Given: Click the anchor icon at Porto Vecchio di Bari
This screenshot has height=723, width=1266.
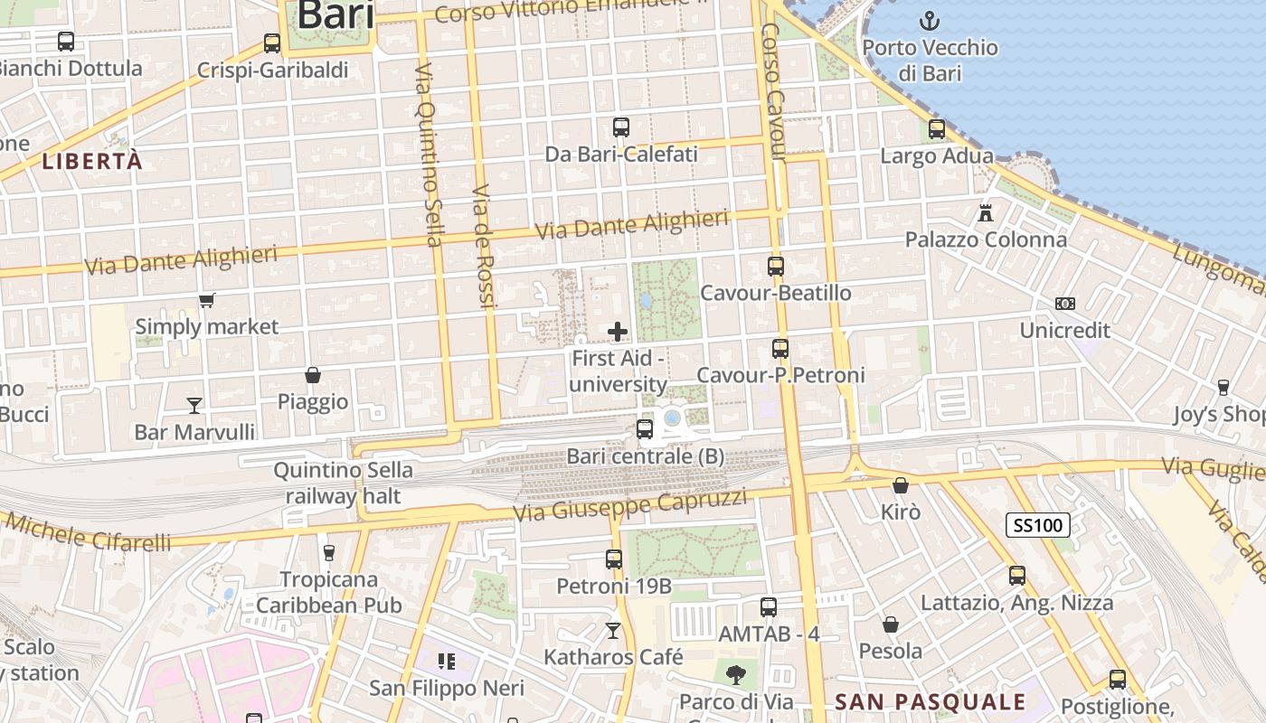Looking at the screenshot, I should (929, 20).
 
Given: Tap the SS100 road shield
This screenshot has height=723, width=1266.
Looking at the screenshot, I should (1038, 525).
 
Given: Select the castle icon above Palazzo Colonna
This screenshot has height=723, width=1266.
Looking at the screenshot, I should (986, 213).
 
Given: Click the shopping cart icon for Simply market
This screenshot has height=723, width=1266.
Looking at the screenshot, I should (207, 300).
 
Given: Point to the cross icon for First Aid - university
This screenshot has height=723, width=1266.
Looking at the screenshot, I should (618, 332).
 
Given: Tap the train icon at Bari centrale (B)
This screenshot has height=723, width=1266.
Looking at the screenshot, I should (645, 429).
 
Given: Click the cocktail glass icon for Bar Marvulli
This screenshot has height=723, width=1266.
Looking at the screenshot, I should (194, 405).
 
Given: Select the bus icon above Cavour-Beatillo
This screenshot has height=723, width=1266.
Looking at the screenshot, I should (776, 267).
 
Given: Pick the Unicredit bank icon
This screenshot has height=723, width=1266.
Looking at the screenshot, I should (1065, 304).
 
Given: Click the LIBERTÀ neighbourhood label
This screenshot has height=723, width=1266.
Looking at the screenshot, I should (92, 162).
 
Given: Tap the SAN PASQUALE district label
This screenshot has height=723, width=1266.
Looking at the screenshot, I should (931, 702).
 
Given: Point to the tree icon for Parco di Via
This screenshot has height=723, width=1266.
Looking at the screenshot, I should (736, 673).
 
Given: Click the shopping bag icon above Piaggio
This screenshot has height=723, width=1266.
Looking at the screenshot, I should (313, 375).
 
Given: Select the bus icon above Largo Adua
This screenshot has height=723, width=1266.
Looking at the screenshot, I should (937, 129).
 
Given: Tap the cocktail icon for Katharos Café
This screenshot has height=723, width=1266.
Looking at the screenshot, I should (614, 630).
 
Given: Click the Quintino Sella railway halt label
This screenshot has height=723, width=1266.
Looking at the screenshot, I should (344, 483).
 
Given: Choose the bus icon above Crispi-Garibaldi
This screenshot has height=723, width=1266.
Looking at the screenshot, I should (272, 43).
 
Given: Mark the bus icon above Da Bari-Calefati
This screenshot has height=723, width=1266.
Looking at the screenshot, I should (621, 127).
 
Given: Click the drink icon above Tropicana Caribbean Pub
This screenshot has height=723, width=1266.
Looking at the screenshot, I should (329, 552).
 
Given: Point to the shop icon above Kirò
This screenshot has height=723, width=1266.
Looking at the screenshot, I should (901, 485).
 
